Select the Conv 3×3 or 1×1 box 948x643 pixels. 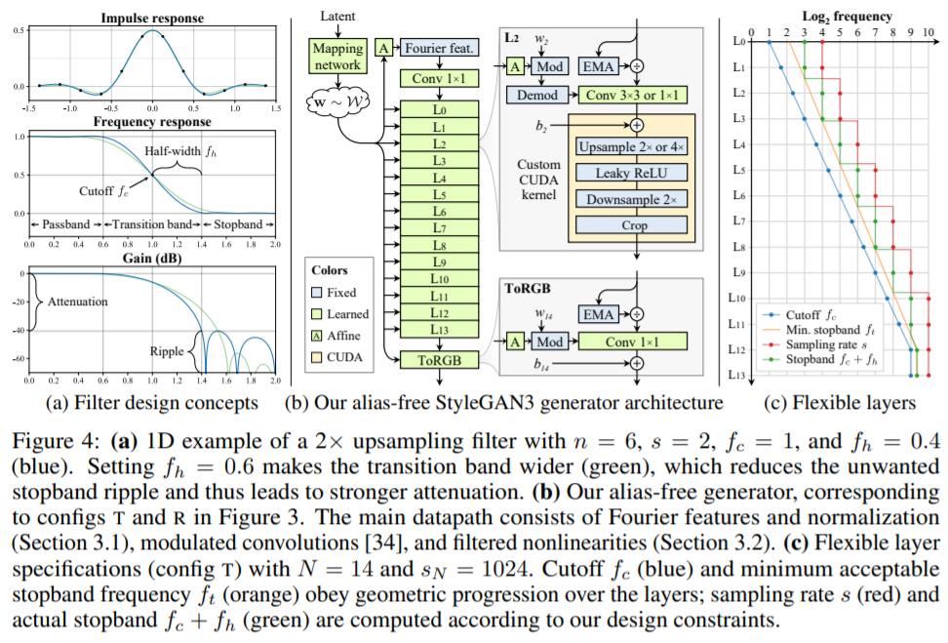coord(633,96)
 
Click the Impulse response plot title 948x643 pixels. coord(151,18)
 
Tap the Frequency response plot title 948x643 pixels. coord(151,122)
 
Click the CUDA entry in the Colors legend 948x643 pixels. coord(345,358)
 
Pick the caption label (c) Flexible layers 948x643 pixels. coord(839,403)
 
